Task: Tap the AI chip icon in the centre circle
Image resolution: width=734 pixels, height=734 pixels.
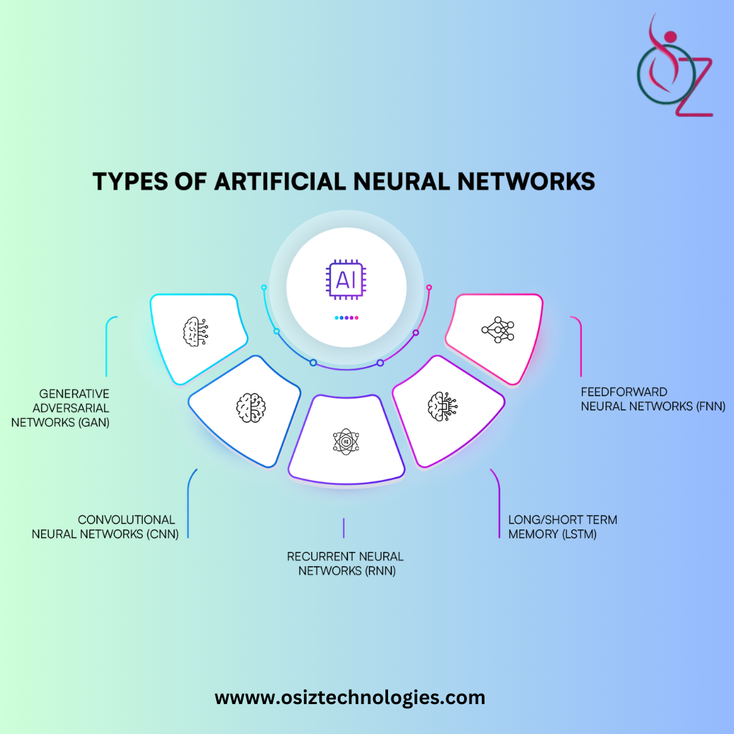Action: (346, 279)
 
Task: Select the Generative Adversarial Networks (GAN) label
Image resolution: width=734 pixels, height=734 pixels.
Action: (74, 407)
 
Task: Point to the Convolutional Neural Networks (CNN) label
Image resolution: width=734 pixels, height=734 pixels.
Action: (105, 527)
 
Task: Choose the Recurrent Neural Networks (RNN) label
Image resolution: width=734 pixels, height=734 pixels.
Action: (345, 563)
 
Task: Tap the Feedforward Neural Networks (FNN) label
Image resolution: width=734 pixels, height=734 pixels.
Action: (653, 400)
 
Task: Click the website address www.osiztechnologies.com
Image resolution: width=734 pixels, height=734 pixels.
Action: (350, 697)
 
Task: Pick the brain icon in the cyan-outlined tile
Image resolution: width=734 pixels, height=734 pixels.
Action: (195, 331)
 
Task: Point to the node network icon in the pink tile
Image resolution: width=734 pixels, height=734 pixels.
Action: (498, 330)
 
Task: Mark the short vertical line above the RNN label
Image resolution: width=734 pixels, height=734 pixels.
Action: (344, 527)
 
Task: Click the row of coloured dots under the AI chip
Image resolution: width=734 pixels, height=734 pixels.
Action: (346, 317)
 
